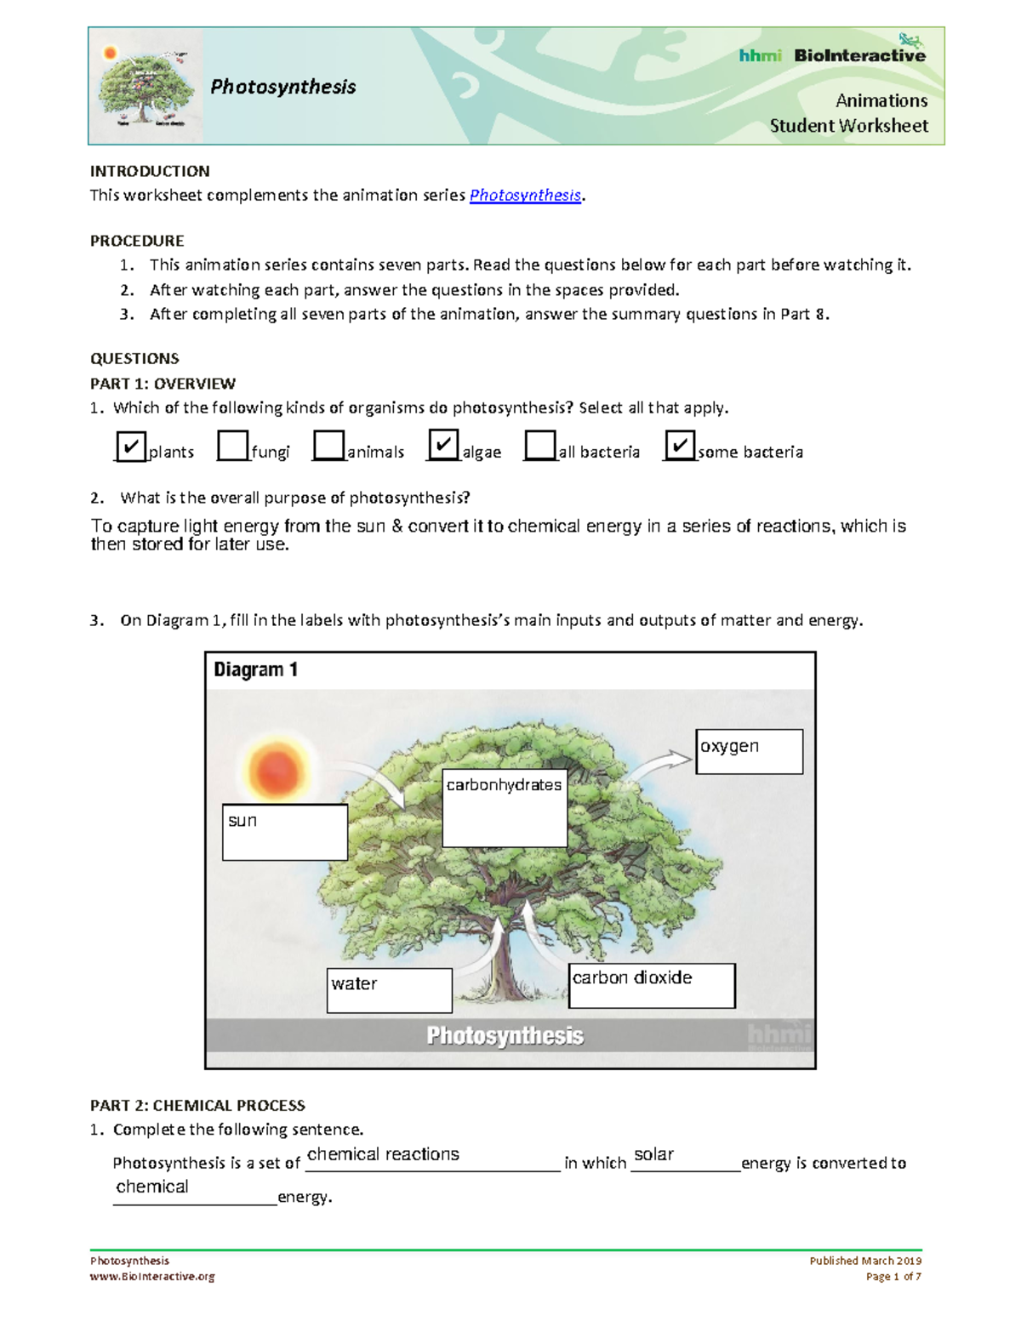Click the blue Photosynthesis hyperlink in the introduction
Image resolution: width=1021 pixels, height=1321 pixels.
coord(525,196)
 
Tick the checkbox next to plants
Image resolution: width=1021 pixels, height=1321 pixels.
coord(130,446)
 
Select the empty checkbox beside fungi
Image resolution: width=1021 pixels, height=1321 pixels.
coord(232,446)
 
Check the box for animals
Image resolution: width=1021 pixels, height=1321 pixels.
coord(328,446)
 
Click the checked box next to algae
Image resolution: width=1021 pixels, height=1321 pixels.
coord(443,445)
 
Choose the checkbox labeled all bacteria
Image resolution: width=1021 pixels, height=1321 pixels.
coord(540,446)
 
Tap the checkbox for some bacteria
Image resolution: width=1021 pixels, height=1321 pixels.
coord(680,445)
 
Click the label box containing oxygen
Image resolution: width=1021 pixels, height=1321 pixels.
coord(749,751)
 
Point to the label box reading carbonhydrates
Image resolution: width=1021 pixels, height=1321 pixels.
coord(505,809)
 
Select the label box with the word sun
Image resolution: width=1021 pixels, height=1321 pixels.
coord(285,832)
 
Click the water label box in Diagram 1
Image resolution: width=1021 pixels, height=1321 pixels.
coord(389,990)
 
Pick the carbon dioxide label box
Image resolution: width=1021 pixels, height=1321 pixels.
coord(652,985)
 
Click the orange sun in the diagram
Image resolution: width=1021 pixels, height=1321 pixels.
coord(277,769)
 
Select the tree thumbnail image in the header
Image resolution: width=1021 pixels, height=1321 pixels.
coord(146,87)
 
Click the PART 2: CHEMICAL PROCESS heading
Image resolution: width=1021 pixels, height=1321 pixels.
coord(197,1106)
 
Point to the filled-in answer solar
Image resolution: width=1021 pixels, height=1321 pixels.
coord(653,1154)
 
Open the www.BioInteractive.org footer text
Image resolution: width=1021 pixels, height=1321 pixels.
coord(152,1277)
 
